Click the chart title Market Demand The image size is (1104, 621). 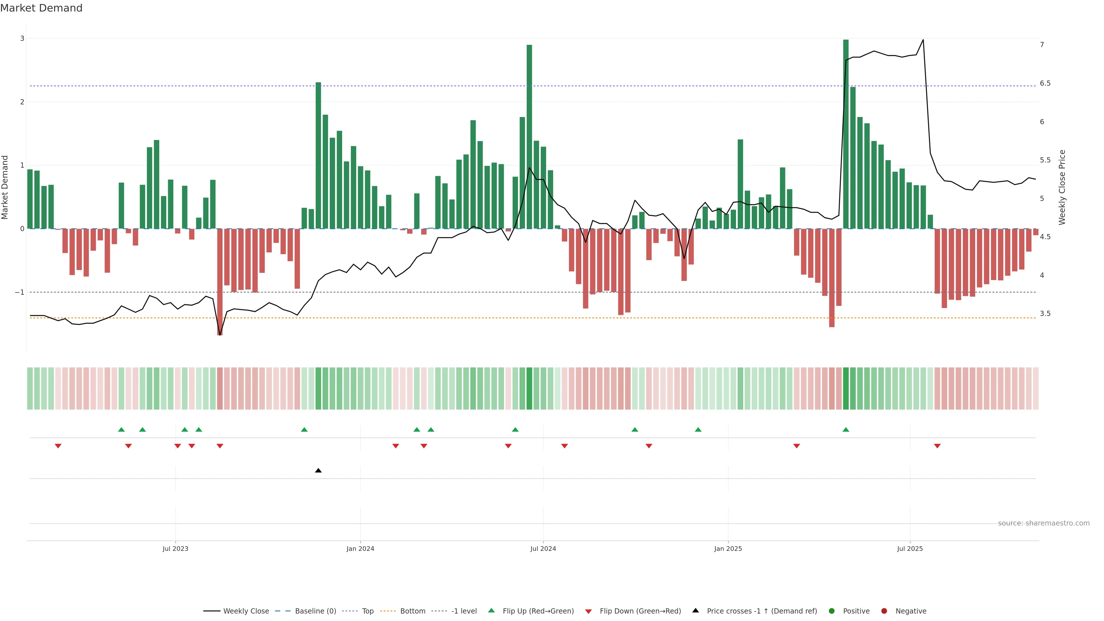[41, 8]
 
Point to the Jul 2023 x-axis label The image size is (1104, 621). [175, 549]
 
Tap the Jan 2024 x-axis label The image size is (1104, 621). [360, 549]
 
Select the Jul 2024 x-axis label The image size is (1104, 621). [543, 549]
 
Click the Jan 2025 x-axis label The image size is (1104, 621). [728, 549]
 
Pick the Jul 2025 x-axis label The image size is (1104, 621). [910, 549]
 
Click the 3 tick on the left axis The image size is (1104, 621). [22, 39]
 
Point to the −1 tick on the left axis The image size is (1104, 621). [20, 292]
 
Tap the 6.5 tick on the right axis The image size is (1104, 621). [1045, 83]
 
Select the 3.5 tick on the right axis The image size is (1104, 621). [1045, 314]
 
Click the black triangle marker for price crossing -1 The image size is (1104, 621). [318, 471]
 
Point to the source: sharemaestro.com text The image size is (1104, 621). [1044, 523]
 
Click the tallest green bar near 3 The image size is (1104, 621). [846, 133]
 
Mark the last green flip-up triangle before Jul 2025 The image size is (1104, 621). [846, 430]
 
